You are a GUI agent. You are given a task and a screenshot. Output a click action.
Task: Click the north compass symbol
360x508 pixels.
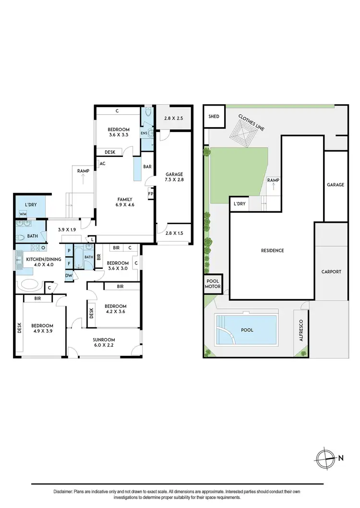[325, 458]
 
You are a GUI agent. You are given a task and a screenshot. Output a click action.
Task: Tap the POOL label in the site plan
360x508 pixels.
[247, 330]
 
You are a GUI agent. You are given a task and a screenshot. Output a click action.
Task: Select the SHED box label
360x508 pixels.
[214, 117]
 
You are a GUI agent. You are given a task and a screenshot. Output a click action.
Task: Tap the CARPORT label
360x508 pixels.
[331, 272]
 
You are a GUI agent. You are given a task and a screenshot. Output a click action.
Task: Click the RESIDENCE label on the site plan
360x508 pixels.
[272, 251]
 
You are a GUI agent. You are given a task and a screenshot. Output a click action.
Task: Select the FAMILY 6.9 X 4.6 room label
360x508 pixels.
[124, 202]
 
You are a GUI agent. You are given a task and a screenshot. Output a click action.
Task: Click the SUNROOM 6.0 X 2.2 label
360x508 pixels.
[104, 343]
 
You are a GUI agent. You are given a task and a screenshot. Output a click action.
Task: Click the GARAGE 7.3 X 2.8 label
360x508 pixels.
[174, 177]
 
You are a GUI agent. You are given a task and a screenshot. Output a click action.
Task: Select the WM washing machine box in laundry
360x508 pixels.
[23, 214]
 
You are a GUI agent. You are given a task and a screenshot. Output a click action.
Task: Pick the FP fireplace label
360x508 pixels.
[150, 194]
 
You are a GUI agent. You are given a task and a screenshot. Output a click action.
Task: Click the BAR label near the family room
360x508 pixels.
[147, 167]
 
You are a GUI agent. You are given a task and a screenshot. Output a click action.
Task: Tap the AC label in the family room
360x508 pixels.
[102, 164]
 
